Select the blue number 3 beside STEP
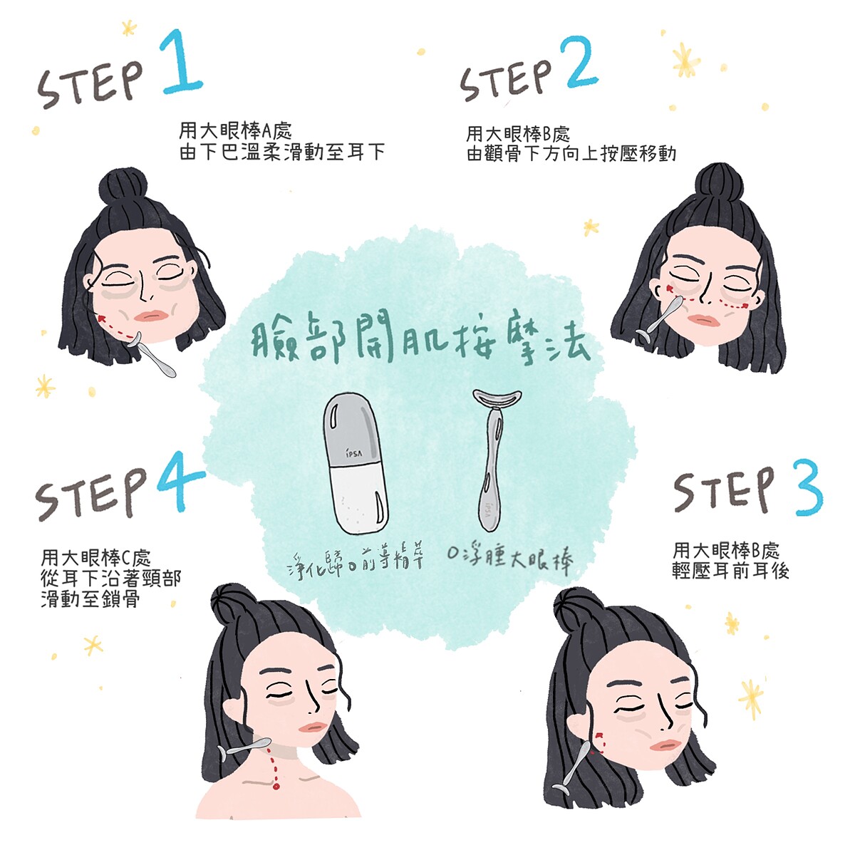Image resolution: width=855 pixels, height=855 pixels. (x=807, y=488)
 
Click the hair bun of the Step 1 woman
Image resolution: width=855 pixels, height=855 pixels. (x=123, y=185)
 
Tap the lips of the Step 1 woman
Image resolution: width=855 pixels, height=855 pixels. (x=151, y=316)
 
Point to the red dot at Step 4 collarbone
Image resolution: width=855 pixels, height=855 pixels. (x=276, y=787)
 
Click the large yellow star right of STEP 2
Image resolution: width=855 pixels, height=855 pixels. (x=686, y=61)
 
